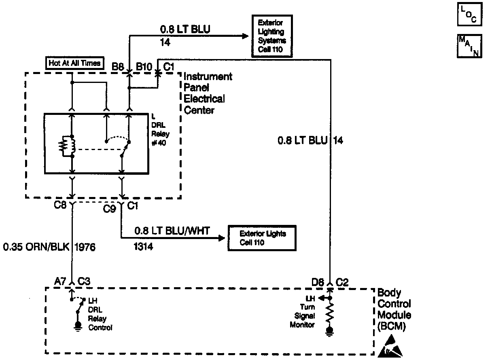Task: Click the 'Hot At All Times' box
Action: coord(74,63)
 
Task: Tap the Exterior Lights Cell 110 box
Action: coord(262,237)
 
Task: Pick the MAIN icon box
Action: coord(469,46)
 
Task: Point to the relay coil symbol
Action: coord(67,146)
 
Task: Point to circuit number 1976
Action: coord(85,247)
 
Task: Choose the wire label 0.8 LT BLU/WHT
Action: coord(172,231)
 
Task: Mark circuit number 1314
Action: coord(143,246)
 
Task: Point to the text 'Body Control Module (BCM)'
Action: coord(394,310)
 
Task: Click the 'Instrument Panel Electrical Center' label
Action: coord(208,93)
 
